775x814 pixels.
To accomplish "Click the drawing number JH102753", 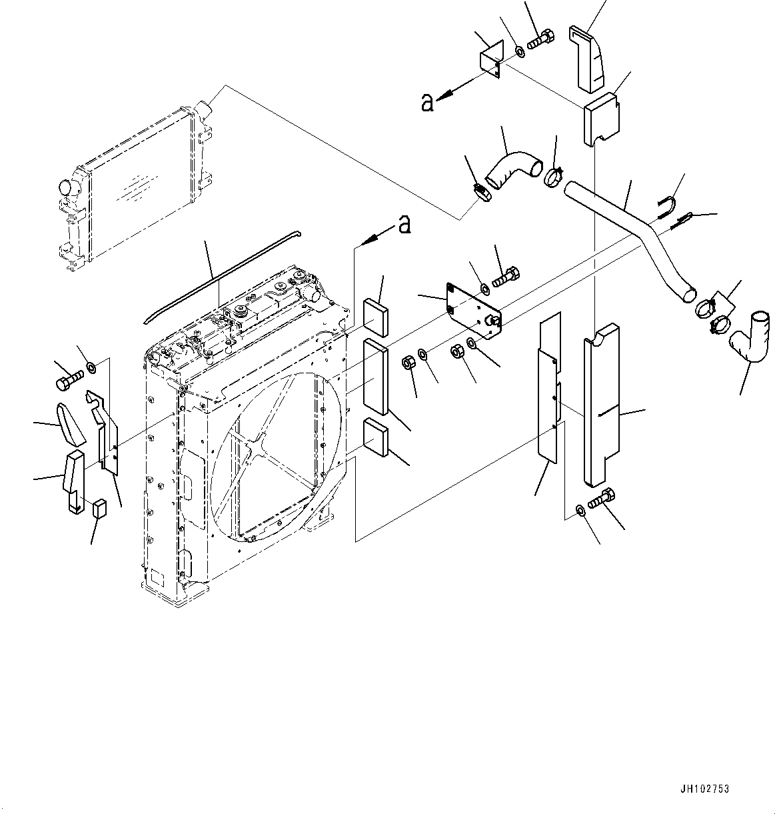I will (x=705, y=789).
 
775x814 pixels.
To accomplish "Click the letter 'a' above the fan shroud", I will (x=404, y=225).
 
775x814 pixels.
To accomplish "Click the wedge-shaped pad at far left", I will (x=72, y=425).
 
